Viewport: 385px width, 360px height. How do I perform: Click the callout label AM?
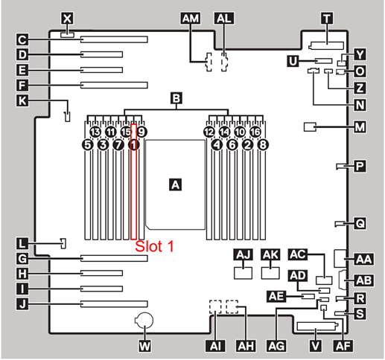click(x=191, y=19)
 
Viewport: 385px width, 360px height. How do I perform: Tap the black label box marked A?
click(x=176, y=184)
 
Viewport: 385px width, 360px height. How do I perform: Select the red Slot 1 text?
click(x=154, y=246)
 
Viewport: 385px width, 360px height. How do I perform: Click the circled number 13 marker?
click(x=95, y=132)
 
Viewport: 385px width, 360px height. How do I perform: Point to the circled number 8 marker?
click(x=263, y=144)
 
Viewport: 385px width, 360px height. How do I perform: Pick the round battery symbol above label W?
click(x=144, y=321)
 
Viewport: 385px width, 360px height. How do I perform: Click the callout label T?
click(x=327, y=19)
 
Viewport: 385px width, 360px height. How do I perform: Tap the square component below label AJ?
click(x=244, y=273)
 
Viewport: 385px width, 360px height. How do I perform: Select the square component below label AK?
click(x=270, y=273)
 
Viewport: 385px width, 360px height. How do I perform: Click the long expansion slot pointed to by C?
click(x=114, y=39)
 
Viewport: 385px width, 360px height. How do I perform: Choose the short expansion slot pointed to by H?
click(x=101, y=273)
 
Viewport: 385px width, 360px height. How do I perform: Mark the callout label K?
click(x=22, y=101)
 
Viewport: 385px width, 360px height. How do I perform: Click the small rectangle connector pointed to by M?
click(x=310, y=127)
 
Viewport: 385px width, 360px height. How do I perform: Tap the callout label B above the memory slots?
click(x=176, y=98)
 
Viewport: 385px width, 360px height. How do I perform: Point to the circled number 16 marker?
click(x=255, y=132)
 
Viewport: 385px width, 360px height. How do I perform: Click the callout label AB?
click(x=364, y=280)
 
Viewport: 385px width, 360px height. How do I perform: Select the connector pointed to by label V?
click(x=316, y=326)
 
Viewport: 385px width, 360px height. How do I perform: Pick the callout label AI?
click(x=215, y=346)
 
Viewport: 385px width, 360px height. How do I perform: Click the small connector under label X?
click(x=67, y=35)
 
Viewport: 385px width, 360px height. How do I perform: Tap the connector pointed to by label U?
click(x=324, y=61)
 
